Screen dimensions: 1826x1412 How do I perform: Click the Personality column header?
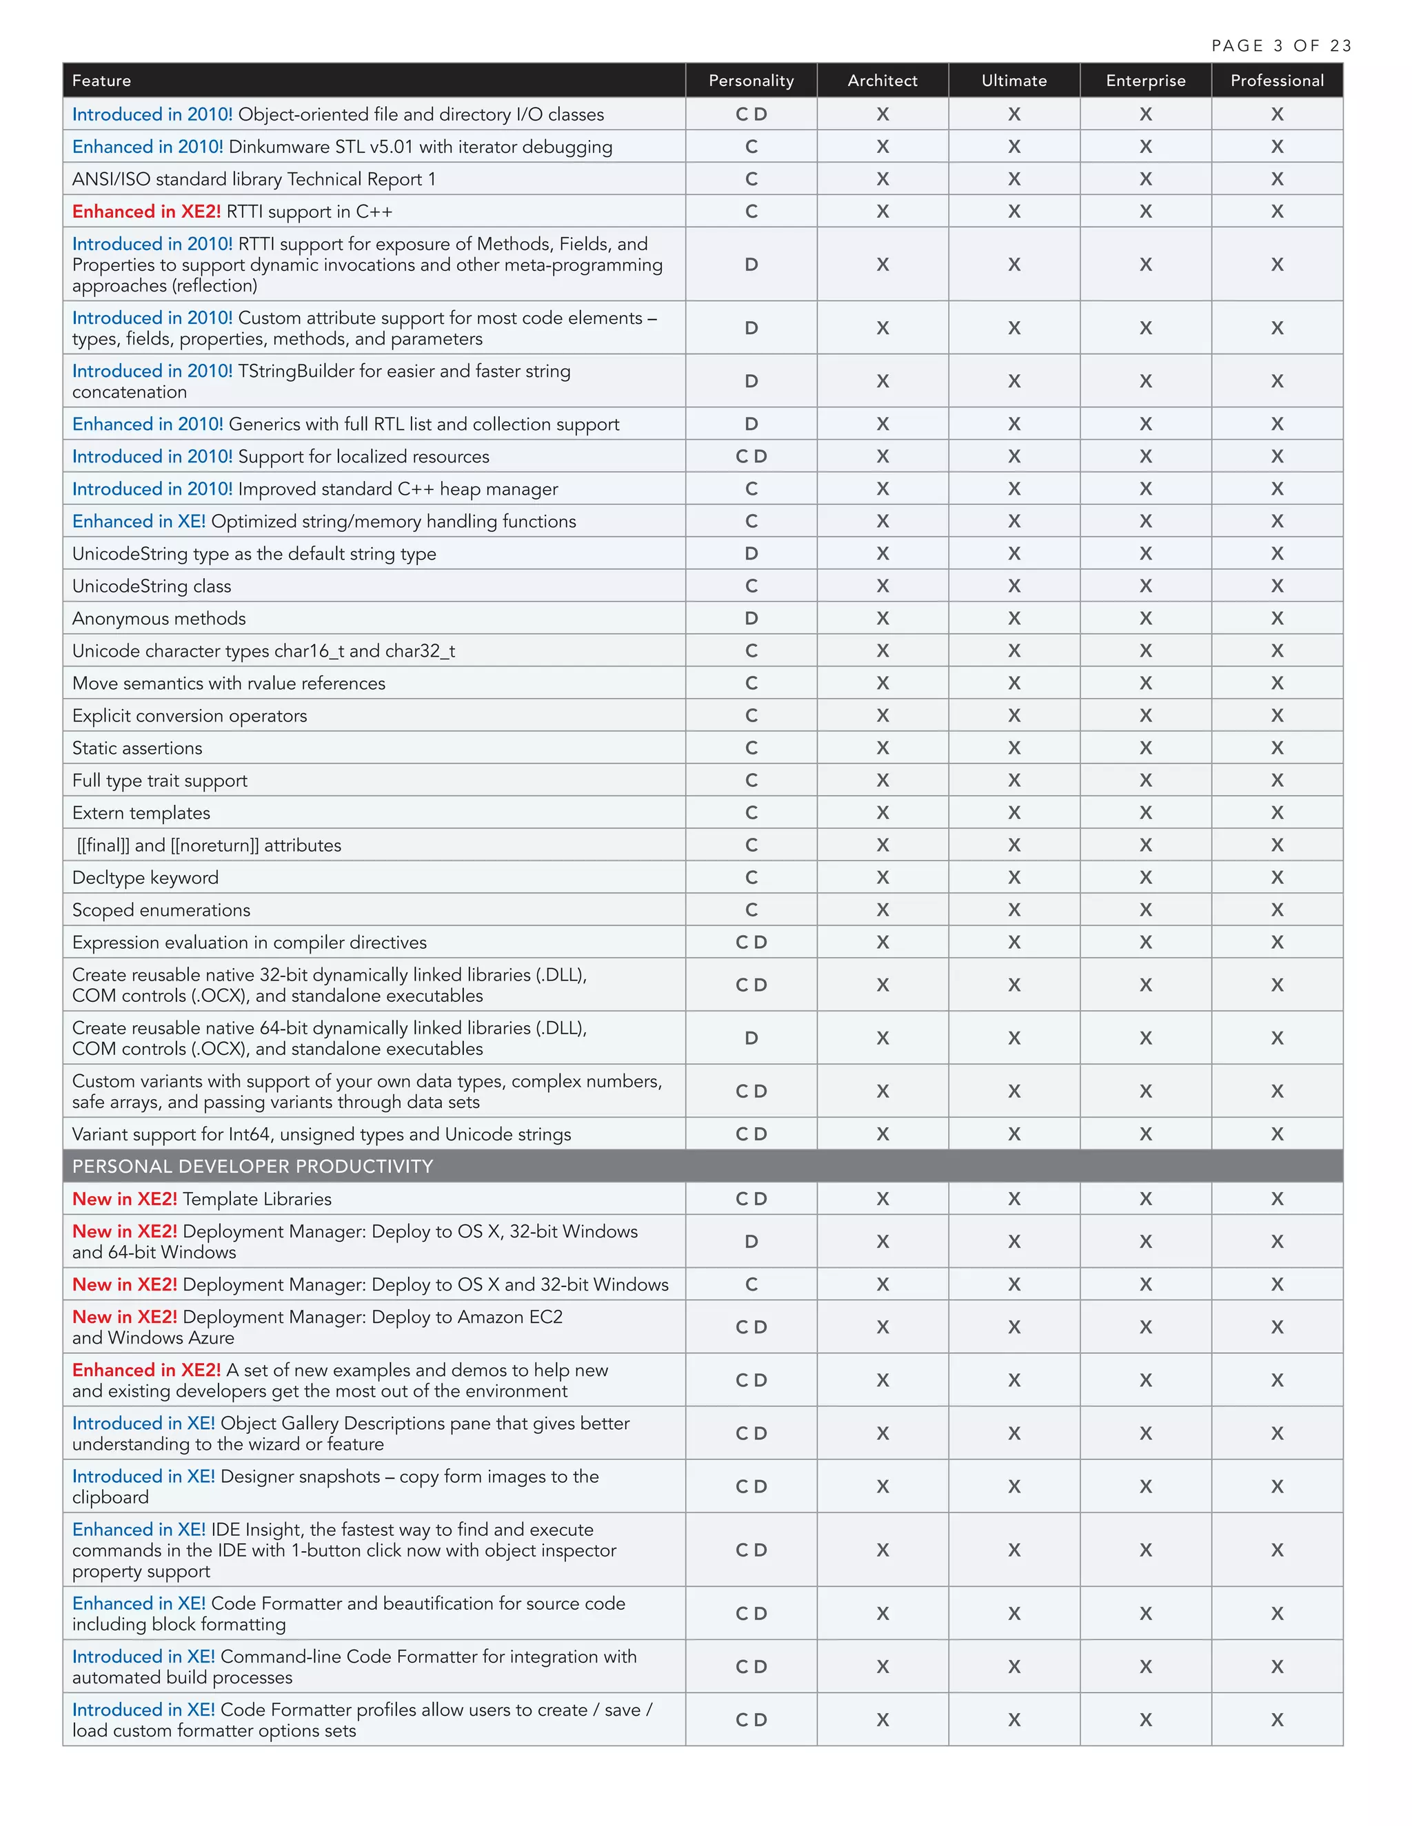coord(750,80)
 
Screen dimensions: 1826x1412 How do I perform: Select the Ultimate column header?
coord(1013,80)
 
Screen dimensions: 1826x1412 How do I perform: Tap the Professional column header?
coord(1276,80)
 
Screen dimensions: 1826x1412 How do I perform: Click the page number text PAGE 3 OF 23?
coord(1281,46)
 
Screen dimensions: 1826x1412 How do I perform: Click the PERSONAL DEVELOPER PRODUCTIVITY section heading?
coord(252,1167)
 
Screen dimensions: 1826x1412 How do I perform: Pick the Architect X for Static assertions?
coord(882,748)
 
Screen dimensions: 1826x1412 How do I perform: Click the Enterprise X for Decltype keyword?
coord(1145,878)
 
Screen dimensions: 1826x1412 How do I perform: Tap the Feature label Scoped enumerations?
coord(161,910)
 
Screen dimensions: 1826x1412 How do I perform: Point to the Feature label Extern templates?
coord(141,812)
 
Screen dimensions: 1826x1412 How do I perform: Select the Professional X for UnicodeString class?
coord(1276,586)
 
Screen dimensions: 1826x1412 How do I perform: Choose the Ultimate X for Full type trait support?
coord(1013,780)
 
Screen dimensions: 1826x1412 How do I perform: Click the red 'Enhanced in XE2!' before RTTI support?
coord(146,212)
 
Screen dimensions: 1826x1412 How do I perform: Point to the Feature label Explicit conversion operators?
coord(190,716)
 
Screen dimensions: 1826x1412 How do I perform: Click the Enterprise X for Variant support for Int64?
coord(1145,1135)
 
